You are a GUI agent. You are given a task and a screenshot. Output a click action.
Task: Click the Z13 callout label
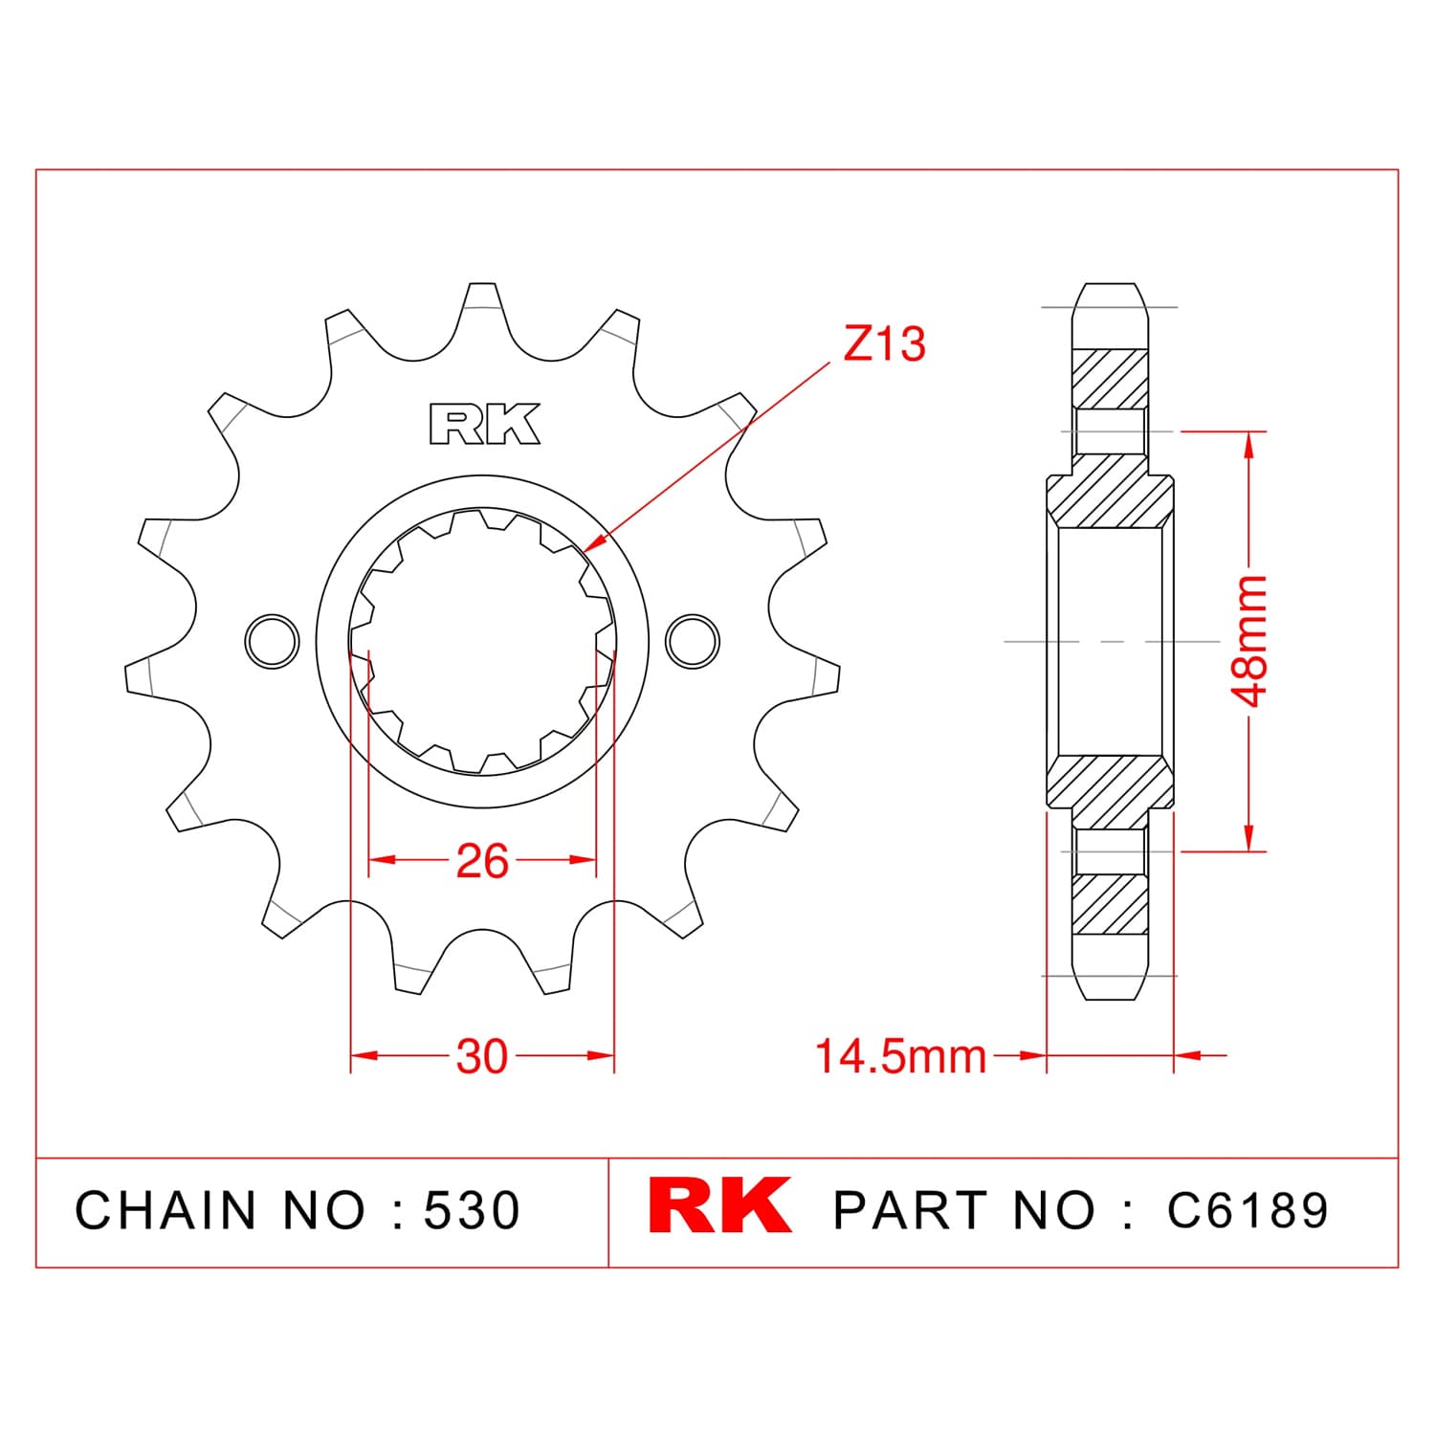[884, 344]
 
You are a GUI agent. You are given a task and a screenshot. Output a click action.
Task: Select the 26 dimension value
[482, 861]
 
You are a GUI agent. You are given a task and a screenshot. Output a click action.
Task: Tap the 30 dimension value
[482, 1056]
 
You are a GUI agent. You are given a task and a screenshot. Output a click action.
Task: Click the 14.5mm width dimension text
[900, 1056]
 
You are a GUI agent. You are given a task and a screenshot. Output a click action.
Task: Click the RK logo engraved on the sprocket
[485, 425]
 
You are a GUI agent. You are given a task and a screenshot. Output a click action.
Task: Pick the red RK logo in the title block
[720, 1206]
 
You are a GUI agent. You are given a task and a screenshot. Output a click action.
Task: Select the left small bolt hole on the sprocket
[273, 640]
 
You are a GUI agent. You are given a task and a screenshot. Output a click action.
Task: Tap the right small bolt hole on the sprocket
[693, 640]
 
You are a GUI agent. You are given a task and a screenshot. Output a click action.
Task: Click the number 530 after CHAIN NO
[473, 1210]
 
